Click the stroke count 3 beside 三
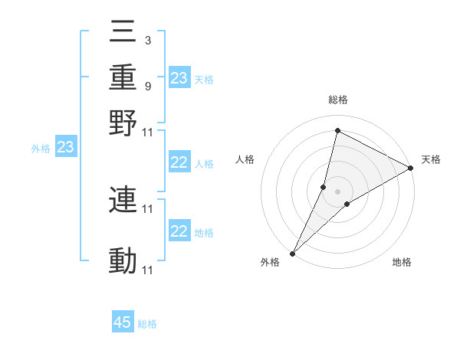(x=147, y=40)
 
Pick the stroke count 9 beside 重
(x=147, y=86)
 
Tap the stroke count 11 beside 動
(x=148, y=270)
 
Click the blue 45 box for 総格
(x=123, y=322)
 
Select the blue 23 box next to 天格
(x=179, y=78)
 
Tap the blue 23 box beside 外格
(x=65, y=148)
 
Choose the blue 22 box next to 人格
(x=179, y=162)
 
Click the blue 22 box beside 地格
(x=179, y=231)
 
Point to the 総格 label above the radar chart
(x=338, y=100)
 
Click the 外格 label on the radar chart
(x=270, y=263)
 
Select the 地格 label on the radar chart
(x=402, y=263)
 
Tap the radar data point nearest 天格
(x=411, y=169)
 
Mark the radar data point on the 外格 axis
(x=292, y=253)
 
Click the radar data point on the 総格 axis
(x=337, y=130)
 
